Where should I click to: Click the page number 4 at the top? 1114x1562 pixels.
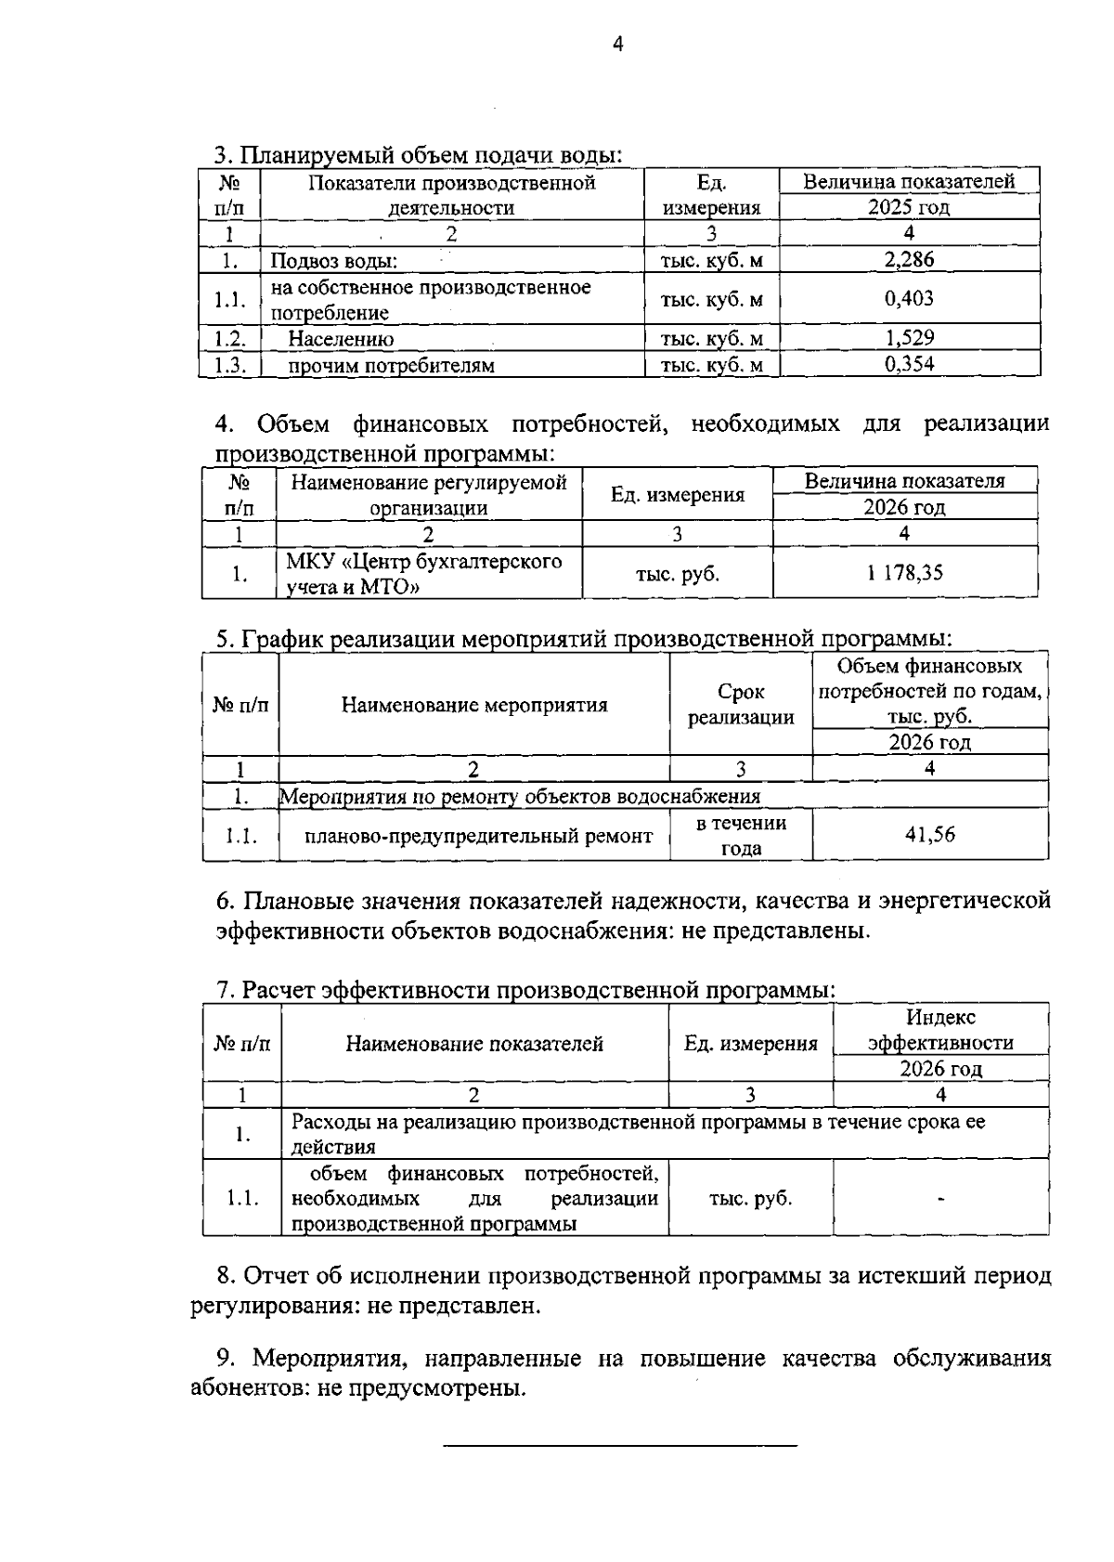point(618,44)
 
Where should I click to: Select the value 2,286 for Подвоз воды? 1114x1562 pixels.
point(909,260)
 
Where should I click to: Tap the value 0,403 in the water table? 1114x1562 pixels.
point(909,299)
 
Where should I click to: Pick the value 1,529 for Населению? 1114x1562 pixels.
point(909,338)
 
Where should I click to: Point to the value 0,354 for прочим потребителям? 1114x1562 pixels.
point(909,364)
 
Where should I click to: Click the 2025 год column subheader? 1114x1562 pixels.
point(909,208)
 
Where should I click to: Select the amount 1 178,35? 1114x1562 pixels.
point(905,572)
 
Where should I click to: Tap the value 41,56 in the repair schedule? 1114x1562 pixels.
point(929,835)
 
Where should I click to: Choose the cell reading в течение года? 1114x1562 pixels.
point(741,835)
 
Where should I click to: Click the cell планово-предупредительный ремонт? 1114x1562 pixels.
point(478,836)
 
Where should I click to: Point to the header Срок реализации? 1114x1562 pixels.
point(741,705)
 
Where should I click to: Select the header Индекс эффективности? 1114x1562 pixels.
point(940,1030)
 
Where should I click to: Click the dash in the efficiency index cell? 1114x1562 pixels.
point(941,1199)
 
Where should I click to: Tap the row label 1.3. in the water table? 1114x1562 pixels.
point(229,365)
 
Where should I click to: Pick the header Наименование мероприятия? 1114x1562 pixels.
point(474,705)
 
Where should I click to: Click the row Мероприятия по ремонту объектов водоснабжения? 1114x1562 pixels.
point(520,797)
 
